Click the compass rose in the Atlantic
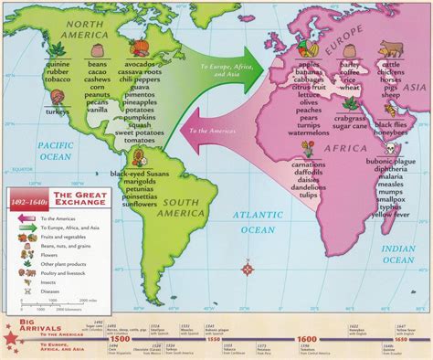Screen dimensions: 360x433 click(248, 269)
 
